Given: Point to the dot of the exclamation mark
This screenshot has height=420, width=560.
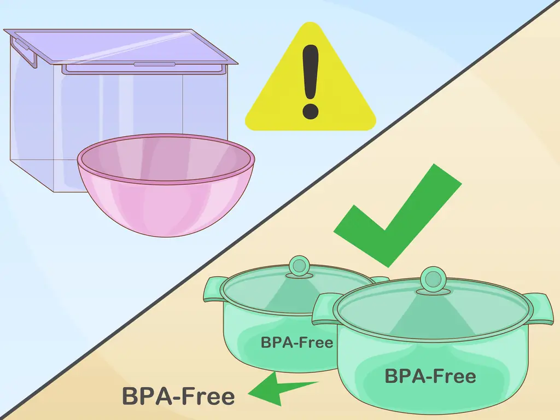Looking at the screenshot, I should pos(310,109).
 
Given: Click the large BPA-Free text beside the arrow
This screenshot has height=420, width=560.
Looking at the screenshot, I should pos(178,396).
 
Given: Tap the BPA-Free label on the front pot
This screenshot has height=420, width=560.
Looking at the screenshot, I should pos(430,376).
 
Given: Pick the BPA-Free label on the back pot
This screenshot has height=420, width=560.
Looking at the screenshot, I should pos(296,343).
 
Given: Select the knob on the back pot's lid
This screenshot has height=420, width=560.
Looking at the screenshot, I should pos(299,266).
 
